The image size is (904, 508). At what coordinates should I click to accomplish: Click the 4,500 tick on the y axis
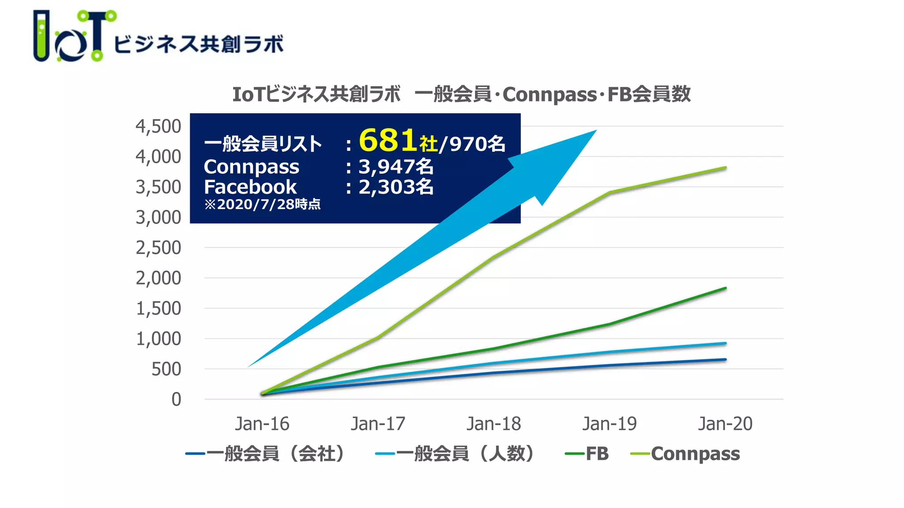(x=158, y=127)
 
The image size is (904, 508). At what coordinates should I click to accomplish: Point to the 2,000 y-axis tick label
(x=158, y=278)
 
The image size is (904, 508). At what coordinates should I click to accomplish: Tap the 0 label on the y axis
(x=176, y=400)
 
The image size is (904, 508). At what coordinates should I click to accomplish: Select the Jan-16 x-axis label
(x=262, y=424)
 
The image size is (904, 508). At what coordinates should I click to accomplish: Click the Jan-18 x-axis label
(x=493, y=424)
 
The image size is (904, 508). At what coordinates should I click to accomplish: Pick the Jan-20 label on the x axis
(x=725, y=424)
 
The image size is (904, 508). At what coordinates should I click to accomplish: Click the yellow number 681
(x=388, y=141)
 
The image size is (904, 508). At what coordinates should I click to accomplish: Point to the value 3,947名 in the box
(x=395, y=167)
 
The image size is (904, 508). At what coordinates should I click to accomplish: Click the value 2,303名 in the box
(x=395, y=187)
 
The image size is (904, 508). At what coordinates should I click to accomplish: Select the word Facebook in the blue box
(x=250, y=187)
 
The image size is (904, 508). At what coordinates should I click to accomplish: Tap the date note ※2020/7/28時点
(x=262, y=205)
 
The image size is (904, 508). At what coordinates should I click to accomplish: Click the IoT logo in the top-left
(x=75, y=36)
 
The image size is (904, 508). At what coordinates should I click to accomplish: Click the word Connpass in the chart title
(x=549, y=94)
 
